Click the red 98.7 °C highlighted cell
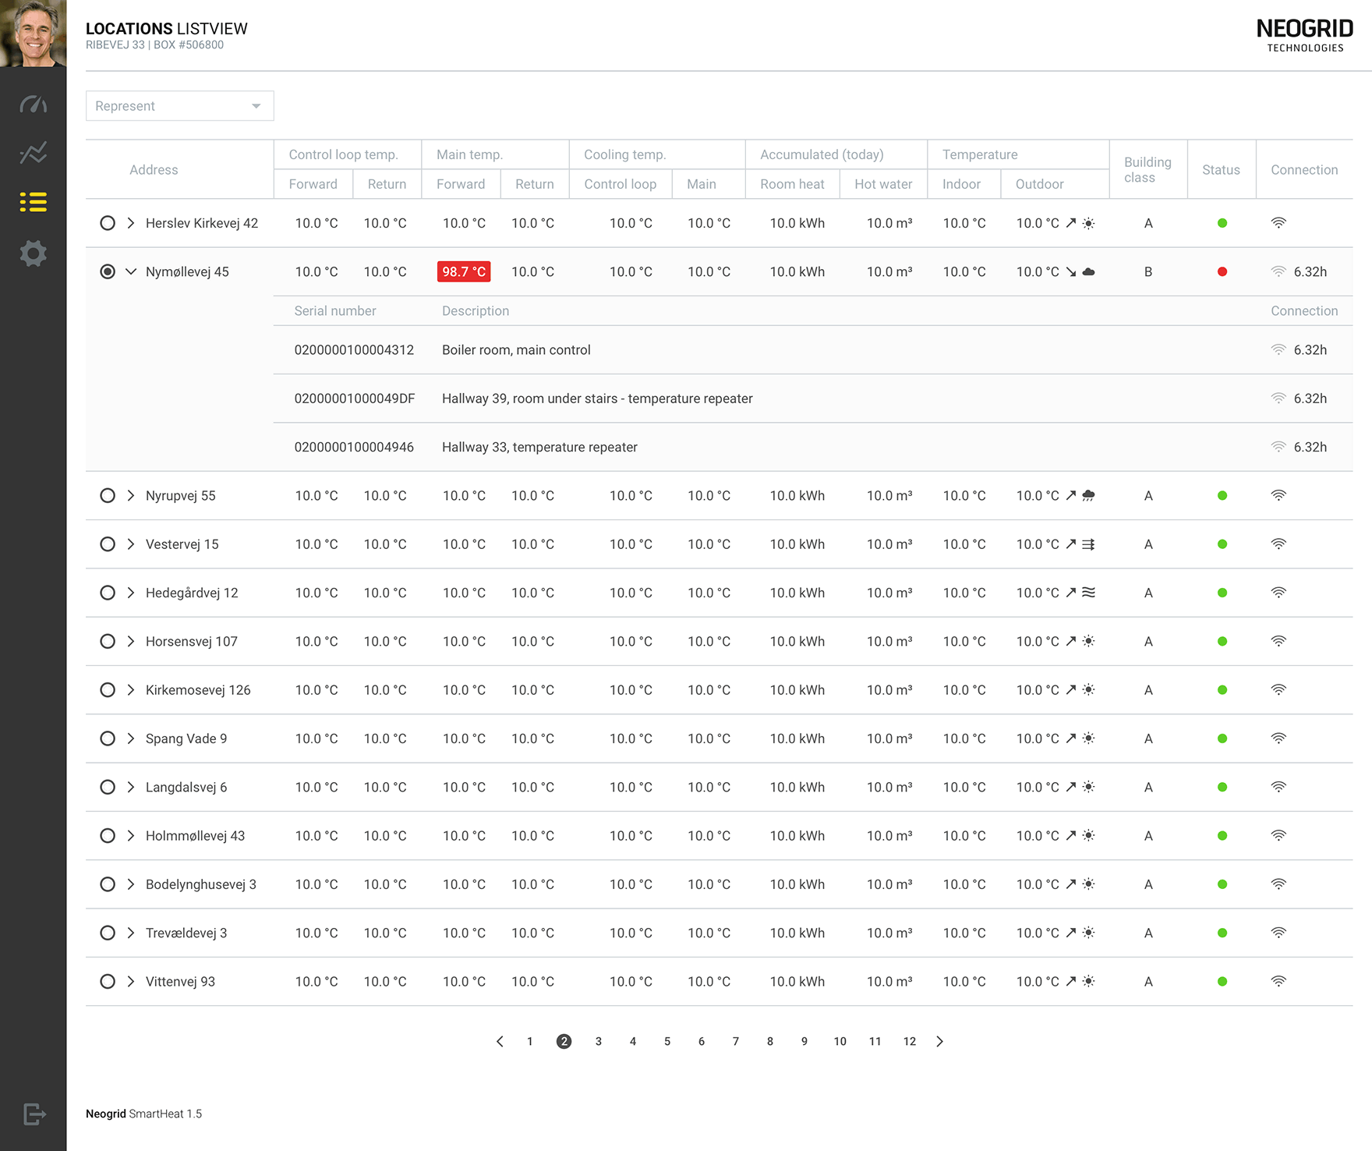[x=464, y=271]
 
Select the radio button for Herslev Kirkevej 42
[x=108, y=223]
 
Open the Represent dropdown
[x=179, y=106]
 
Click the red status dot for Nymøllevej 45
[x=1222, y=271]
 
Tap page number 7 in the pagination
[x=736, y=1041]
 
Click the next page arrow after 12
[x=940, y=1041]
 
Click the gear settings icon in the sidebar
[x=34, y=253]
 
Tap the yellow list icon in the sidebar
[x=34, y=202]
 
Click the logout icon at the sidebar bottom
[x=34, y=1114]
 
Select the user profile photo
[x=34, y=34]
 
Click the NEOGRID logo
[x=1305, y=35]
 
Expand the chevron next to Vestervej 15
[x=131, y=544]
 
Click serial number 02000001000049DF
[x=355, y=398]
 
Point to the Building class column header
[x=1147, y=170]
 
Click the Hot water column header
[x=883, y=184]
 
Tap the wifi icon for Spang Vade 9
[x=1278, y=738]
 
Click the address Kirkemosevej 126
[x=198, y=690]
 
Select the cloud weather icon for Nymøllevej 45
[x=1089, y=271]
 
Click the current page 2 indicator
[x=564, y=1041]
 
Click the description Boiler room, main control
[x=516, y=350]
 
